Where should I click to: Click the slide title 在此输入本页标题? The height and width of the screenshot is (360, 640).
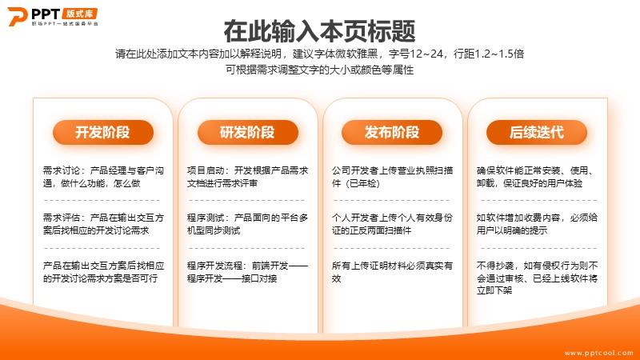[x=319, y=31]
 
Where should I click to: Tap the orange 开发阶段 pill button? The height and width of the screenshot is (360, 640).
[x=103, y=132]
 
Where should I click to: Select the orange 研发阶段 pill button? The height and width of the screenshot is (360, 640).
[x=248, y=132]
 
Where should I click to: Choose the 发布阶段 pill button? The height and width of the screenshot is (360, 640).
[x=392, y=132]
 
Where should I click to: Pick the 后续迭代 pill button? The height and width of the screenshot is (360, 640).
[x=537, y=132]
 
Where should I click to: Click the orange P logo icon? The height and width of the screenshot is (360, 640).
[x=17, y=16]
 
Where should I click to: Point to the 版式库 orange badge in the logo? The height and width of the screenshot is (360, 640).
[x=80, y=14]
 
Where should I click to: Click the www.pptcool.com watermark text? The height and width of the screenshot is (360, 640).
[x=598, y=353]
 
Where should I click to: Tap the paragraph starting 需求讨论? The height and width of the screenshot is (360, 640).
[x=103, y=177]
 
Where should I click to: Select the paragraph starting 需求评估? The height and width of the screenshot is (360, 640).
[x=103, y=224]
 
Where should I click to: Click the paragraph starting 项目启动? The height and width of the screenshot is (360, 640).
[x=247, y=177]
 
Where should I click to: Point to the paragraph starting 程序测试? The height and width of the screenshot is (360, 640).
[x=247, y=224]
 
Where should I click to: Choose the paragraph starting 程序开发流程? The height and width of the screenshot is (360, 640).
[x=247, y=272]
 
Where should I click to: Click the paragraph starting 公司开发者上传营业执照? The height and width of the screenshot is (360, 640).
[x=392, y=177]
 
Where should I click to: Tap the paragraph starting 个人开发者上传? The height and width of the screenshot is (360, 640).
[x=392, y=224]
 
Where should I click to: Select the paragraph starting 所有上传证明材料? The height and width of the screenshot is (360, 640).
[x=392, y=272]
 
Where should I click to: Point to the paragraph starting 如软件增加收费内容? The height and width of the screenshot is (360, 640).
[x=537, y=224]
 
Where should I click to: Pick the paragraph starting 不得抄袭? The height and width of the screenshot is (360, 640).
[x=537, y=278]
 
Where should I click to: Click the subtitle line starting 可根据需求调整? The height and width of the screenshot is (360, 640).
[x=319, y=70]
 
